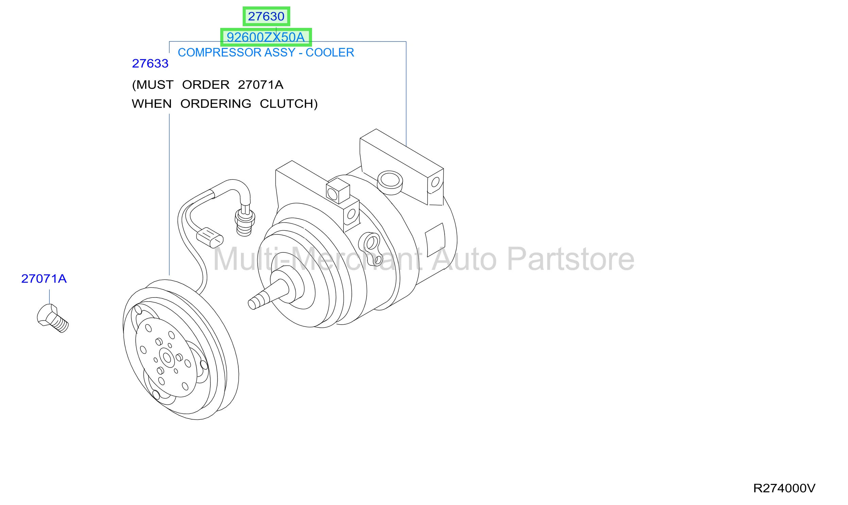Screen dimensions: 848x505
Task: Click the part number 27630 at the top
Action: coord(266,16)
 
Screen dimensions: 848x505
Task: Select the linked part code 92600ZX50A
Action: coord(265,37)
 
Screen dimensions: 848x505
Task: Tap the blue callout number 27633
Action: coord(150,64)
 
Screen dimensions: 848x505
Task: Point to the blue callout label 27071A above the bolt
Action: coord(44,279)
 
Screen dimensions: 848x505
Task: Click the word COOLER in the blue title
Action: coord(330,52)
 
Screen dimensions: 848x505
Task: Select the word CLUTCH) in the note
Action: coord(289,104)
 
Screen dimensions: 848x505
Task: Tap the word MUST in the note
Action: coord(153,85)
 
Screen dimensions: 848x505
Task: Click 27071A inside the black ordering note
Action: coord(261,85)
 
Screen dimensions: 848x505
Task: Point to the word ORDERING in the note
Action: coord(216,104)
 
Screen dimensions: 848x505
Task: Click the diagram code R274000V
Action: coord(784,488)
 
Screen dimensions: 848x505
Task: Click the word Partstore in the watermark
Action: coord(571,259)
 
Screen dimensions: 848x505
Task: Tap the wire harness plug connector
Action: coord(210,238)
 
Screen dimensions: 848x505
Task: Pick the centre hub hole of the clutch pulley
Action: coord(167,358)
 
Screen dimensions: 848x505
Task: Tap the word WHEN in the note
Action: coord(152,104)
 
